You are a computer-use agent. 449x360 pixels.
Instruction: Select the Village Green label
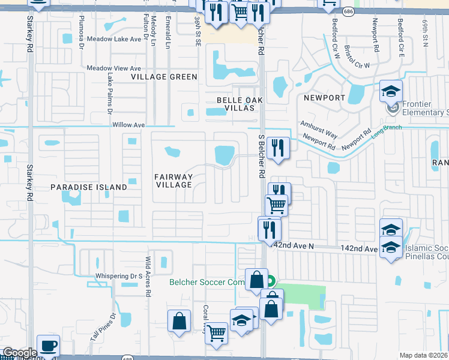tap(165, 77)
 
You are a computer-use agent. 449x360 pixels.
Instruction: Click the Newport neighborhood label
tap(324, 98)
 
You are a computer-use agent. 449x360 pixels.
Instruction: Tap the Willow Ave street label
tap(128, 125)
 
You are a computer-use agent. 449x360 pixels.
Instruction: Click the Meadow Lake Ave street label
tap(117, 38)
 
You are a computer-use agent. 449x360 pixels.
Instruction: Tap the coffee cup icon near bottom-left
tap(48, 346)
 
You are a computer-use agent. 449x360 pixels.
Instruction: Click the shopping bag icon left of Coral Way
tap(179, 320)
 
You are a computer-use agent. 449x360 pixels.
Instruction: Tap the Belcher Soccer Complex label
tap(207, 281)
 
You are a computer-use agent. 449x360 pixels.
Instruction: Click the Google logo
tap(20, 353)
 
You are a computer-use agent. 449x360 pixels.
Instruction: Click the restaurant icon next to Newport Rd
tap(278, 148)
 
